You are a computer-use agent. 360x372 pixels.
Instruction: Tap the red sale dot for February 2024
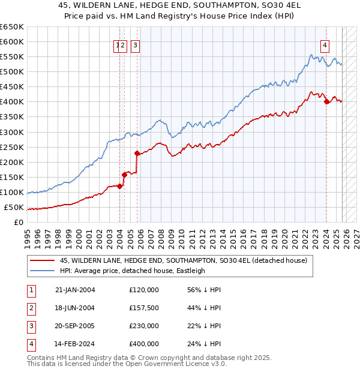(326, 101)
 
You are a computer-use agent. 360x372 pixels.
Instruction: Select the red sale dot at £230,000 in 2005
(137, 152)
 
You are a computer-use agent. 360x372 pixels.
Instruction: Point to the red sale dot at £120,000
(120, 186)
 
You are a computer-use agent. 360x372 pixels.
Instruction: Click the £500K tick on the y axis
(12, 71)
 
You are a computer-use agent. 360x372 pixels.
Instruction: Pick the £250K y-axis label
(12, 147)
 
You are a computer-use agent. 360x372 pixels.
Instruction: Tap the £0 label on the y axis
(18, 222)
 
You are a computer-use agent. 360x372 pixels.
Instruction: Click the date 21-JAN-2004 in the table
(75, 289)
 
